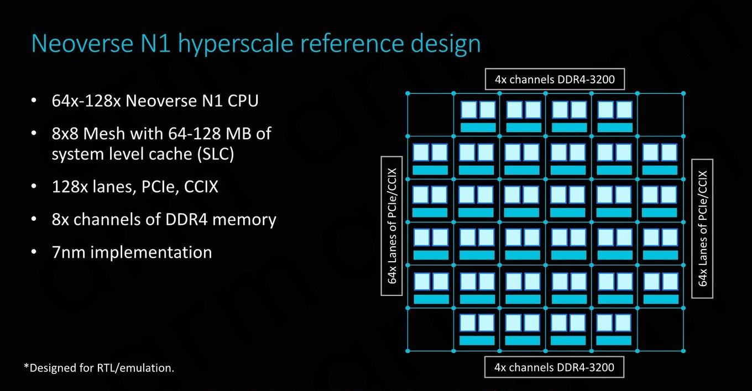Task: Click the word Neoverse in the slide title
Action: (x=82, y=44)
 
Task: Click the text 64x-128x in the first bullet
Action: (x=86, y=101)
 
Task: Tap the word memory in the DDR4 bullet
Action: (x=244, y=220)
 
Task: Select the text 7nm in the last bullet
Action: (x=69, y=252)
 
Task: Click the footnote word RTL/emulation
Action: (x=135, y=368)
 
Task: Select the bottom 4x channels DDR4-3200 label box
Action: (x=554, y=357)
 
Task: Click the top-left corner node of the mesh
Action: (x=408, y=93)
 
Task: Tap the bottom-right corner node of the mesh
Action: (x=683, y=351)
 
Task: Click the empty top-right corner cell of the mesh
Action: (x=660, y=115)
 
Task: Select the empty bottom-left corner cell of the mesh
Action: (x=431, y=330)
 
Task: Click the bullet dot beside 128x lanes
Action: (x=34, y=186)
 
